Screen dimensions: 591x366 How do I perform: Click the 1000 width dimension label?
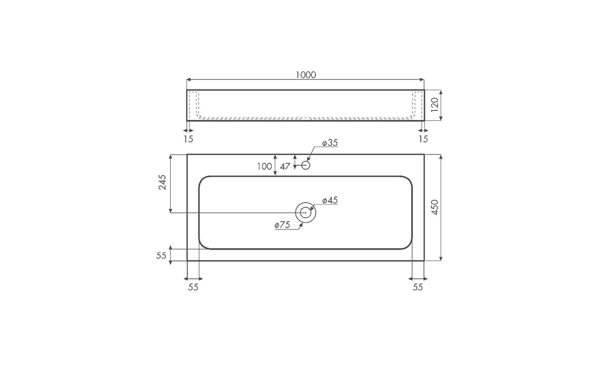point(306,75)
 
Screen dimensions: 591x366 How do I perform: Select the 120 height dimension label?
point(435,105)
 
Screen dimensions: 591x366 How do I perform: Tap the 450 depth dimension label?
point(435,207)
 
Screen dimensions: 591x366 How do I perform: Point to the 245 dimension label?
point(162,182)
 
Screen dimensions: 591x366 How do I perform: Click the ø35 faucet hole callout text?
point(330,143)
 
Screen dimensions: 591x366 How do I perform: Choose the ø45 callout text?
point(330,200)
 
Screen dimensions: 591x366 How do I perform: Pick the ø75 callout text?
point(282,225)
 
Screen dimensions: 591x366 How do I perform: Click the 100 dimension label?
point(264,166)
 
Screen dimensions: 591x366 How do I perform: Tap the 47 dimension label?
point(285,166)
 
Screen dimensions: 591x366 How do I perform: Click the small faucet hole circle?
point(306,162)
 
